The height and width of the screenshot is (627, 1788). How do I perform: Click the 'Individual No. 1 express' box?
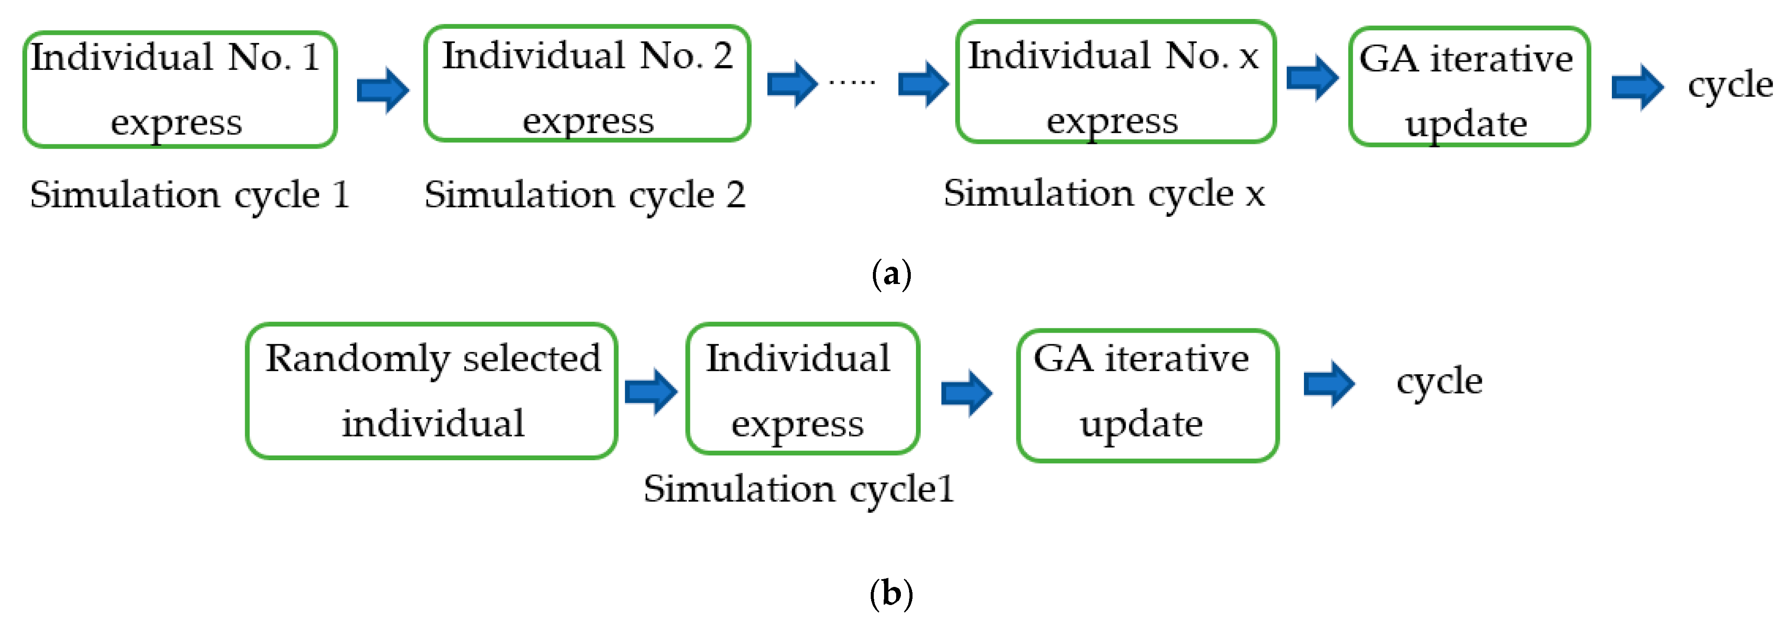coord(180,90)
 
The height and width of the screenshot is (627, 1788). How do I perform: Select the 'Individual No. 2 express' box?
coord(587,84)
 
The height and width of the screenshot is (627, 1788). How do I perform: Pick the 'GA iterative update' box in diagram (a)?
coord(1469,87)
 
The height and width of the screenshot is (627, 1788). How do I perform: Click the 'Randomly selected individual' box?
coord(432,391)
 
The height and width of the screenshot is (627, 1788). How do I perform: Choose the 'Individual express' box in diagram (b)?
coord(802,389)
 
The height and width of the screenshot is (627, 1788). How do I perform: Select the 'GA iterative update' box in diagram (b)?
coord(1147,395)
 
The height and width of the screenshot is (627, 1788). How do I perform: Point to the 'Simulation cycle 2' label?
coord(584,195)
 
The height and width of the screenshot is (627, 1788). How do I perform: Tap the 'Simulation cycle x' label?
coord(1104,194)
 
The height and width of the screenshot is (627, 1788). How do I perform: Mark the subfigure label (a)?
coord(891,274)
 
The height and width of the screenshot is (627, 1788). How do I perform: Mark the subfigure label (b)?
coord(891,594)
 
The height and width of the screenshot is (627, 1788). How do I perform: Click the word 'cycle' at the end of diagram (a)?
coord(1730,86)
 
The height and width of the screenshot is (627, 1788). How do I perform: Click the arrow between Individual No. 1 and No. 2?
coord(382,90)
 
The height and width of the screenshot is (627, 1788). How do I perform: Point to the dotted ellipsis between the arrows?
coord(852,83)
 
